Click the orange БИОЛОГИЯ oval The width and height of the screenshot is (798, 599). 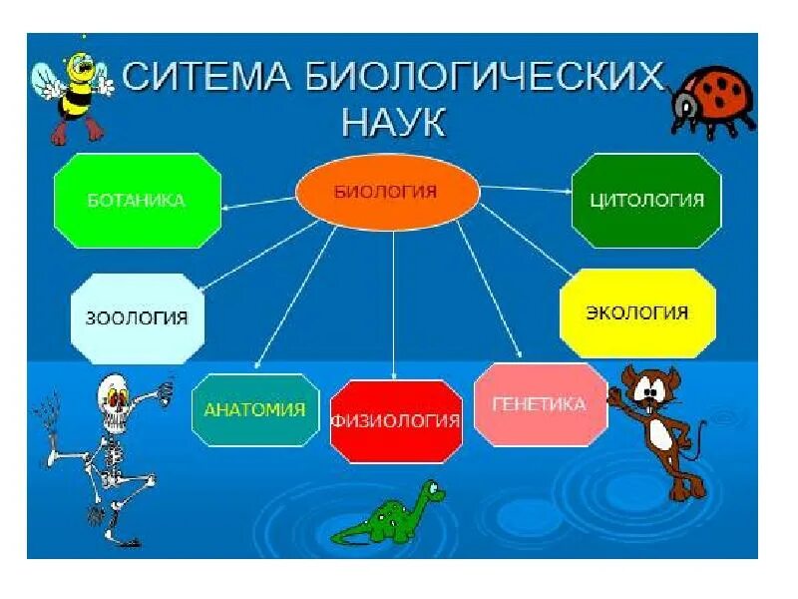pyautogui.click(x=388, y=191)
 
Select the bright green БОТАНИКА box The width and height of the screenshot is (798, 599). pyautogui.click(x=138, y=201)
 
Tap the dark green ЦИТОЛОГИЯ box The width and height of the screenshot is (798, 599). pyautogui.click(x=645, y=200)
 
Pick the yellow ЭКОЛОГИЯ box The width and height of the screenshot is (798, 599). pyautogui.click(x=637, y=312)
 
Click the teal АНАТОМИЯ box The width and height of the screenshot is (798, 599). pyautogui.click(x=254, y=409)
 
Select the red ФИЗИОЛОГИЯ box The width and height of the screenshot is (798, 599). pyautogui.click(x=396, y=420)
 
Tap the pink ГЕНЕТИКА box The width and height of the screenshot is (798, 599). pyautogui.click(x=540, y=404)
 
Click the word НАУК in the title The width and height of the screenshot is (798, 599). pyautogui.click(x=394, y=125)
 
